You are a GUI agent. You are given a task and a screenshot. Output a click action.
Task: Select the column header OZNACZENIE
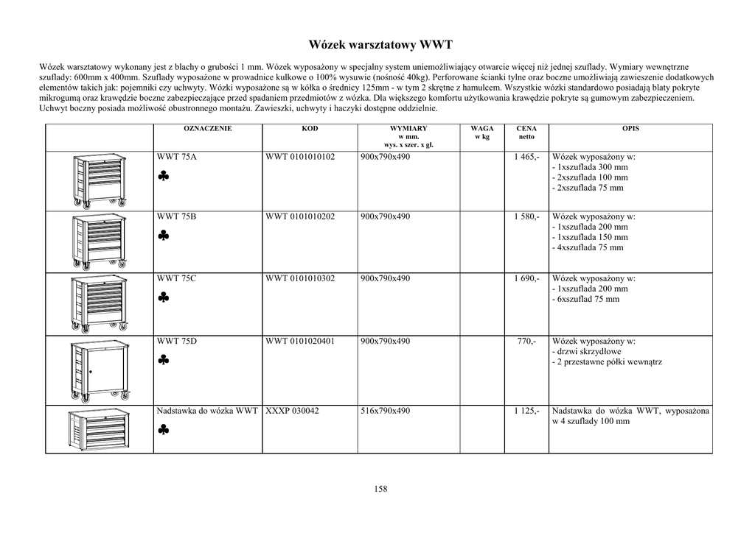point(207,128)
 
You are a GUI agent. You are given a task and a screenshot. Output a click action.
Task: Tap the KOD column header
point(310,128)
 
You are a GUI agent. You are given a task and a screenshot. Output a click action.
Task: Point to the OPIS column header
point(630,128)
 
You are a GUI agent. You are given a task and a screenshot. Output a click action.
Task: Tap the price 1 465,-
point(526,157)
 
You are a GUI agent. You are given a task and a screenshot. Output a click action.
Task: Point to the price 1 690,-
point(526,278)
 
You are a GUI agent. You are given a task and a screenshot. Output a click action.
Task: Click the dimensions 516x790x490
point(385,411)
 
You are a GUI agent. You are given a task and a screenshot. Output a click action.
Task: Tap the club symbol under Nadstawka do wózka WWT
point(164,430)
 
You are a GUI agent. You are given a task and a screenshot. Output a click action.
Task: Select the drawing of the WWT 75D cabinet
point(100,370)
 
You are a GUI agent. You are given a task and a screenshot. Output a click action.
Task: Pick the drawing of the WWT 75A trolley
point(100,181)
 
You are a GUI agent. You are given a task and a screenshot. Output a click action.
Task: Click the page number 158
point(380,489)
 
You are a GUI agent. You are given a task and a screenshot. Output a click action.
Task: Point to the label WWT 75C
point(177,278)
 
